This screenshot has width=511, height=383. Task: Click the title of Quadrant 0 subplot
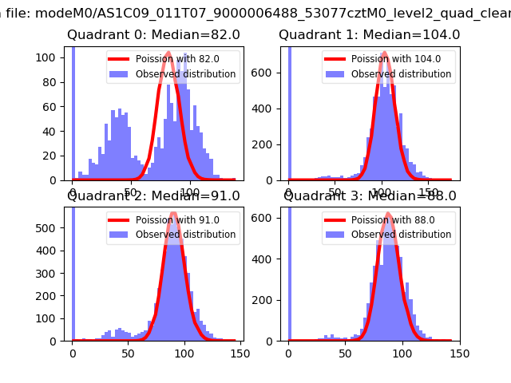[x=153, y=35]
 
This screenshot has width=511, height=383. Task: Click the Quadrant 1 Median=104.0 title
[x=369, y=35]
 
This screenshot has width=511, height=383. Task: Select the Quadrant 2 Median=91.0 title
[x=153, y=196]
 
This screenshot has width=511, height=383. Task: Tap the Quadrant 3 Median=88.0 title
[x=370, y=196]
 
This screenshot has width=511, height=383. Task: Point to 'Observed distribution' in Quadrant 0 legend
[x=185, y=74]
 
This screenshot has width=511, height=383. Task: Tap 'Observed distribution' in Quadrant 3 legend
[x=401, y=235]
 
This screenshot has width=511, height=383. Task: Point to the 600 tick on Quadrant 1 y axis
[x=267, y=73]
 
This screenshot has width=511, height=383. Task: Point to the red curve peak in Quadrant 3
[x=388, y=214]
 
